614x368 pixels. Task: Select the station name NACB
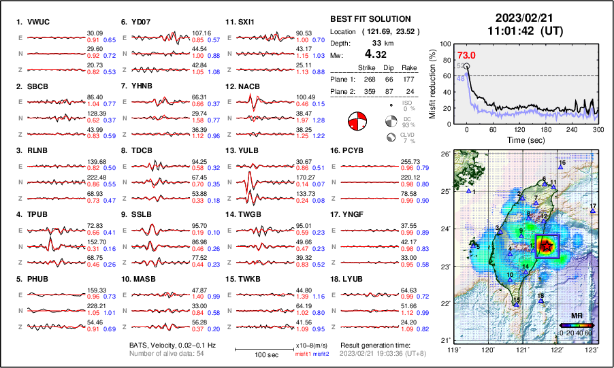tap(249, 86)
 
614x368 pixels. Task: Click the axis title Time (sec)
tap(523, 139)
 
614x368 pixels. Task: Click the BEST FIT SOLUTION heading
tap(370, 19)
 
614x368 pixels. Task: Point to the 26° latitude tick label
tap(443, 154)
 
